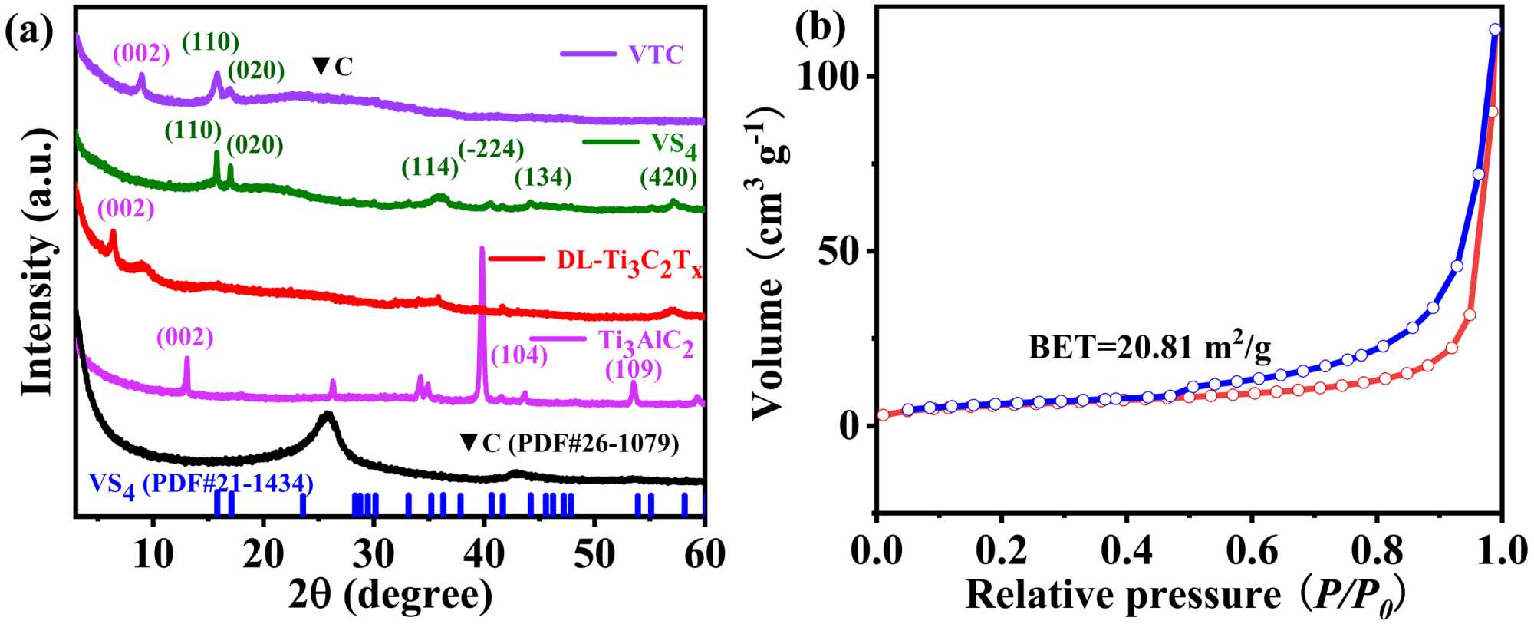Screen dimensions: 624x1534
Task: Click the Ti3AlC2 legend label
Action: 646,342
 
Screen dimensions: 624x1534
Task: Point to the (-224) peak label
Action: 491,148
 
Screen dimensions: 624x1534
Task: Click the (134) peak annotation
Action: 543,178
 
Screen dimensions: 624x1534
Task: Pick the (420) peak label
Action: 669,178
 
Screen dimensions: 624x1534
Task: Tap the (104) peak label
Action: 519,355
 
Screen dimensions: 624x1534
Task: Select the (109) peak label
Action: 634,370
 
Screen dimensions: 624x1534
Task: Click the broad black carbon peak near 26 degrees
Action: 328,418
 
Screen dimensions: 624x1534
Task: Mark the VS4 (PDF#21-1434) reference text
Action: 201,484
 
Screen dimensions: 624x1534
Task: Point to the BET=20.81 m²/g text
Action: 1149,348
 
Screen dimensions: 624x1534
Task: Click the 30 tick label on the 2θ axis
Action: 374,554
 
